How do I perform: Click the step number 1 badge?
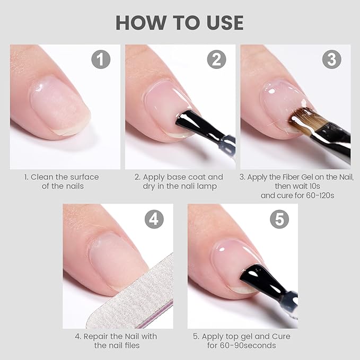pyautogui.click(x=101, y=59)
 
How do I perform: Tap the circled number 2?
pyautogui.click(x=216, y=59)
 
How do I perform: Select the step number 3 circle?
pyautogui.click(x=331, y=59)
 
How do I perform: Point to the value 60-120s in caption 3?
pyautogui.click(x=316, y=195)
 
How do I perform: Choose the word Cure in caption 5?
pyautogui.click(x=279, y=336)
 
